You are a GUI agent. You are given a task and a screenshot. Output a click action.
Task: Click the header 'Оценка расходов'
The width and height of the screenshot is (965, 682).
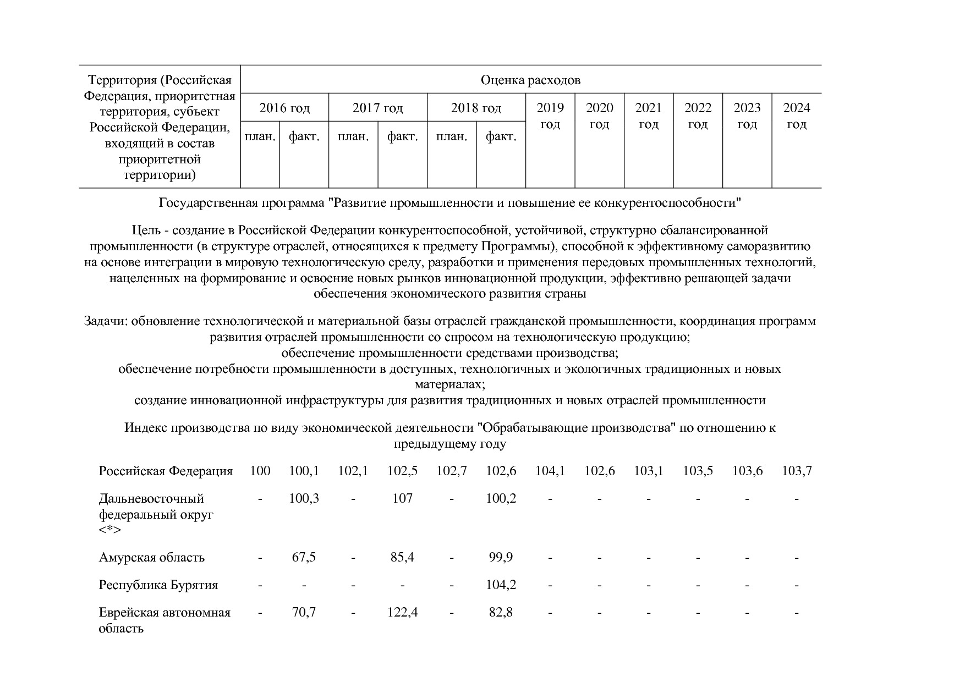(530, 80)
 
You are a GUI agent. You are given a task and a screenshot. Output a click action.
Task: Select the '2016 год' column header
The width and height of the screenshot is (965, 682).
(284, 108)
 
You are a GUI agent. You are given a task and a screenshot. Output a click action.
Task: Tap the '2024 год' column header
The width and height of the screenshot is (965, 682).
(796, 116)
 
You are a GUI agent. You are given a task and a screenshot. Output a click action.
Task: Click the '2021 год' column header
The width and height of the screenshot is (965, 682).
(648, 116)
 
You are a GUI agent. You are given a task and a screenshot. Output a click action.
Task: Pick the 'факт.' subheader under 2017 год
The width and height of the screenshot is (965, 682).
(402, 136)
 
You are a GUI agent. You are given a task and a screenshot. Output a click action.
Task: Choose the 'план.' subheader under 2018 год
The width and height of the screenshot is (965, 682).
(451, 136)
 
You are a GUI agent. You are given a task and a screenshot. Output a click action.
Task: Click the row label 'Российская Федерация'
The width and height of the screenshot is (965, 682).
(166, 471)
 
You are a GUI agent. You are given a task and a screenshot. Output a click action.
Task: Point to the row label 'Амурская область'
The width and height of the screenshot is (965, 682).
(152, 558)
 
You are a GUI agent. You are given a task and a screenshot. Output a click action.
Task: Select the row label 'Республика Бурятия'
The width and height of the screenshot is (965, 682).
(158, 585)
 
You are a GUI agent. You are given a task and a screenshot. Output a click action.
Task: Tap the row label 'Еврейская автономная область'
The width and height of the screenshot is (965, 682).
(165, 620)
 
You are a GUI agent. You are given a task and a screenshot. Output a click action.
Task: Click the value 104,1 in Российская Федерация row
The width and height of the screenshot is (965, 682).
(550, 471)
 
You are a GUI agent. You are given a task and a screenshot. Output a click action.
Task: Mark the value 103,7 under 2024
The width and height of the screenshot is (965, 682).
(796, 471)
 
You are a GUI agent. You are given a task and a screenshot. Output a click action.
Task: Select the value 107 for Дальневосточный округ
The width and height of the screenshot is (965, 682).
(402, 498)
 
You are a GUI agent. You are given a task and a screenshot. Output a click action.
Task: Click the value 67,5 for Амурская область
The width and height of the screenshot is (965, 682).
(304, 557)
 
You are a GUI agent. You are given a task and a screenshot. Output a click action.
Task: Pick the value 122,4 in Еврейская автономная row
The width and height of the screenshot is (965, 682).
(402, 612)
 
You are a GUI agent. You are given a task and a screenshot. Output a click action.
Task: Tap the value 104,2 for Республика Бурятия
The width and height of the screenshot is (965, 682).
(501, 585)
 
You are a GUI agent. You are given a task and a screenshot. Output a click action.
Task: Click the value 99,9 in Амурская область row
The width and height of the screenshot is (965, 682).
(501, 557)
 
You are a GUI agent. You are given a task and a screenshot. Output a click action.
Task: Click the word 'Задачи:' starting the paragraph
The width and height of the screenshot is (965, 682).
(106, 321)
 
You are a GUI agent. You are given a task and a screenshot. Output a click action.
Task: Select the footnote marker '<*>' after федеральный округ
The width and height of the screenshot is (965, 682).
(110, 530)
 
